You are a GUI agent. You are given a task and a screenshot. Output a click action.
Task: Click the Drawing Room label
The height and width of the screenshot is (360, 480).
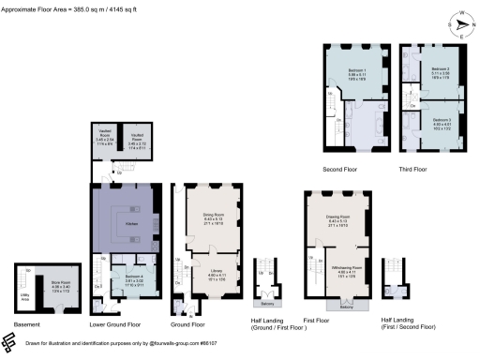tap(337, 219)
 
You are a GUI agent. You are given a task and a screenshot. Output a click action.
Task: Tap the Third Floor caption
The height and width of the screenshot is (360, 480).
tap(412, 169)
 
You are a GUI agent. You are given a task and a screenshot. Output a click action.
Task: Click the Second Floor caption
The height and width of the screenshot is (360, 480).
tap(350, 169)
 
